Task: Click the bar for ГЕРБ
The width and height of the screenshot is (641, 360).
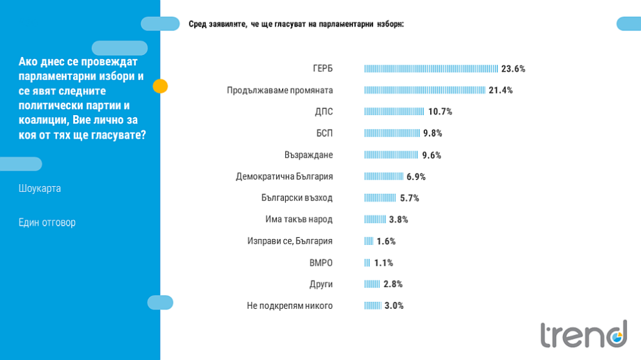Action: click(431, 69)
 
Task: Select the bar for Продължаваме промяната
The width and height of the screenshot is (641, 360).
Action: click(424, 90)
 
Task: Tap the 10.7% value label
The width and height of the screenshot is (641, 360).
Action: click(440, 112)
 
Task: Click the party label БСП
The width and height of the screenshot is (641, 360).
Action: click(324, 133)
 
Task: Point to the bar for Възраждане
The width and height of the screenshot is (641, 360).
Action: click(391, 155)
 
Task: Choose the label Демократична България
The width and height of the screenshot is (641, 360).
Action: click(284, 176)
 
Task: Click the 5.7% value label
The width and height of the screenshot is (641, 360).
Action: click(409, 198)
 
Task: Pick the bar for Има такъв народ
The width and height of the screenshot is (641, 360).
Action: click(375, 220)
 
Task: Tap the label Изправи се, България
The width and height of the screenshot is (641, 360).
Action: click(290, 241)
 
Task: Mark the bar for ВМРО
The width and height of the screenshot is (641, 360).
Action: click(367, 263)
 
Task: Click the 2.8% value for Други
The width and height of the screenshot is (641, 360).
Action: click(393, 284)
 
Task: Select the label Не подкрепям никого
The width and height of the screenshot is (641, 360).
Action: click(290, 306)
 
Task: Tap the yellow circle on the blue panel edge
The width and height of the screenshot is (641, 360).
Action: click(160, 86)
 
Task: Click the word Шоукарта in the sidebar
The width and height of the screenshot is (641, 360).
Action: click(39, 189)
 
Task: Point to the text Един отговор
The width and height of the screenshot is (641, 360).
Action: click(47, 222)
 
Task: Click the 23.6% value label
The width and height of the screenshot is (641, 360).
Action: click(513, 69)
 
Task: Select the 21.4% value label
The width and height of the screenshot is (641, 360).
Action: click(501, 90)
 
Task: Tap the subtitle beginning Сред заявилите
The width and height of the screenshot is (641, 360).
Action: click(296, 24)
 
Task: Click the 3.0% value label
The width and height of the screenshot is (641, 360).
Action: click(394, 306)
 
